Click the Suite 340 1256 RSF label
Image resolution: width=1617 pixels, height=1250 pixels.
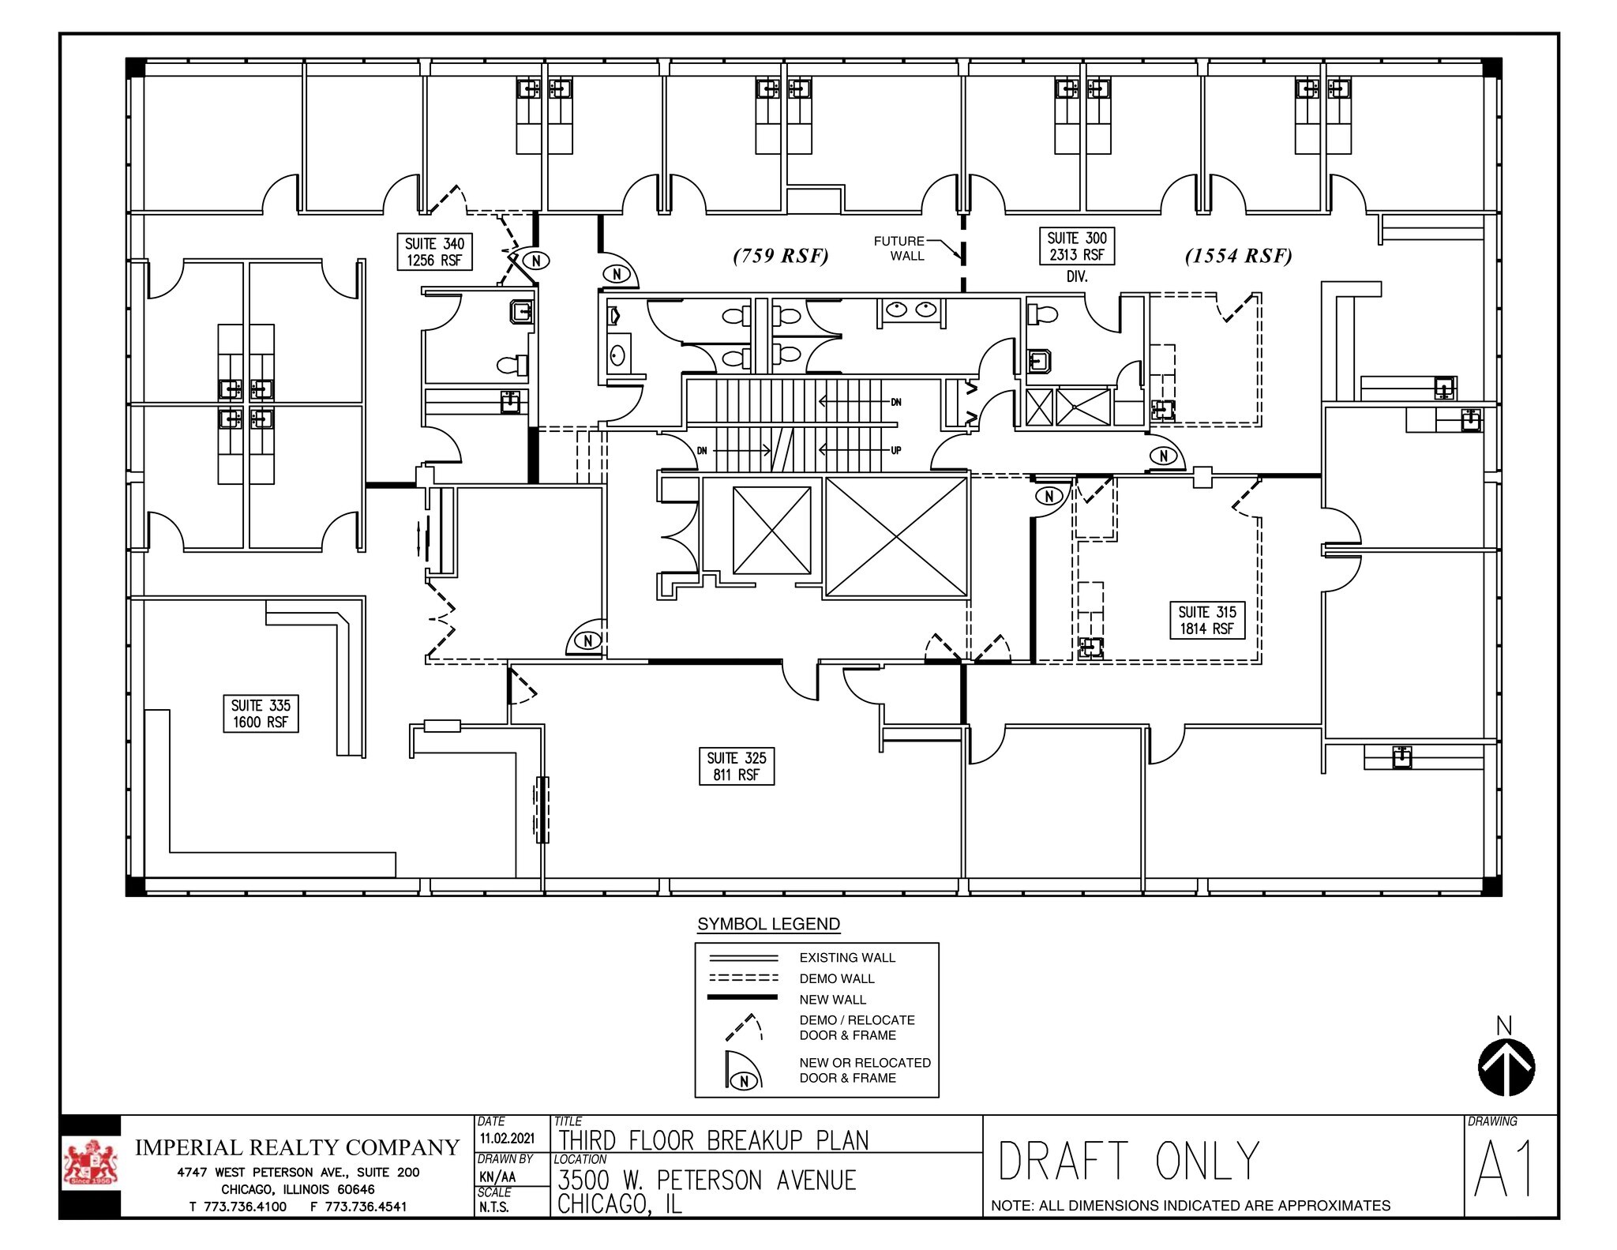pos(434,252)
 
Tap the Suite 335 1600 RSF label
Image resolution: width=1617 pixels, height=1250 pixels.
pos(261,714)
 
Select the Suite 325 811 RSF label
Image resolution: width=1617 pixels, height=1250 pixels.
pos(736,766)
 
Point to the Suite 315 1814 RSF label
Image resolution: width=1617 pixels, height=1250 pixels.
pos(1206,620)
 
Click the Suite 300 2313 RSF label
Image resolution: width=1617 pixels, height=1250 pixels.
pos(1077,246)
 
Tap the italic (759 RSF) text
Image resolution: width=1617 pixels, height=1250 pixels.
pos(780,256)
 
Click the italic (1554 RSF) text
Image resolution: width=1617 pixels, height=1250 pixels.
pos(1238,256)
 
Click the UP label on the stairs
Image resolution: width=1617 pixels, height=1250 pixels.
pos(896,450)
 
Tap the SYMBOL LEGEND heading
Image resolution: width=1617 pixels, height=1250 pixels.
pos(768,924)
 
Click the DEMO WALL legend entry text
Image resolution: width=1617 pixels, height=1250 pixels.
pos(837,978)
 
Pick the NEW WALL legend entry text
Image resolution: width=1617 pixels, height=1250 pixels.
pos(833,1000)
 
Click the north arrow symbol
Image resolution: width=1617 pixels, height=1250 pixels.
pos(1506,1068)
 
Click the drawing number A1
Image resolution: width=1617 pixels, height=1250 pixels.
pos(1504,1171)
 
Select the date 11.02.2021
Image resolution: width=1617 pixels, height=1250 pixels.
pos(507,1139)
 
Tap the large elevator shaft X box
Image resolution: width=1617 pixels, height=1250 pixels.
pos(896,536)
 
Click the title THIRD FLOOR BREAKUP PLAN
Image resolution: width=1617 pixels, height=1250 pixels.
pos(714,1141)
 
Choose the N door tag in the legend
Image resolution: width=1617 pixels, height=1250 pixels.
pos(743,1083)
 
